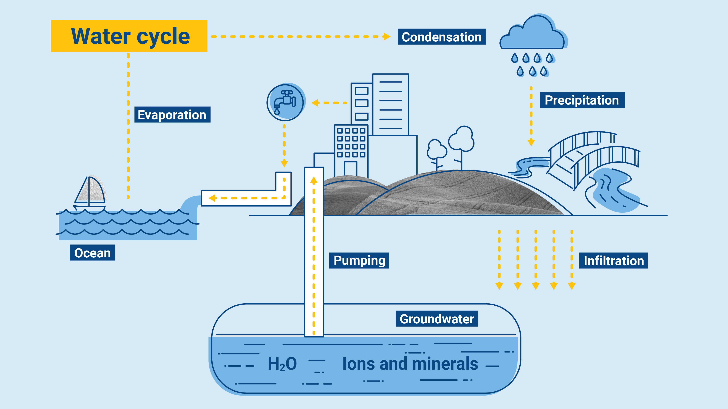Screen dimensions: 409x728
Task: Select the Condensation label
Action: (442, 37)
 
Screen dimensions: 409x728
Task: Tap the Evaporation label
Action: (172, 115)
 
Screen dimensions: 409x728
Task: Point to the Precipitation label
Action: (582, 100)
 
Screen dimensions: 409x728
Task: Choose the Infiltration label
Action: (613, 260)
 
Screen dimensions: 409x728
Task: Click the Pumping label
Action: (359, 260)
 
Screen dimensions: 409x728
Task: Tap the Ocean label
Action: (92, 253)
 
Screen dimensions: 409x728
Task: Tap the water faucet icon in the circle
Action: (285, 102)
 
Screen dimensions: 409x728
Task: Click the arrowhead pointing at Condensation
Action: (387, 37)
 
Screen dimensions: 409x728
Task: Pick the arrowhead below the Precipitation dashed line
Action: (531, 142)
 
